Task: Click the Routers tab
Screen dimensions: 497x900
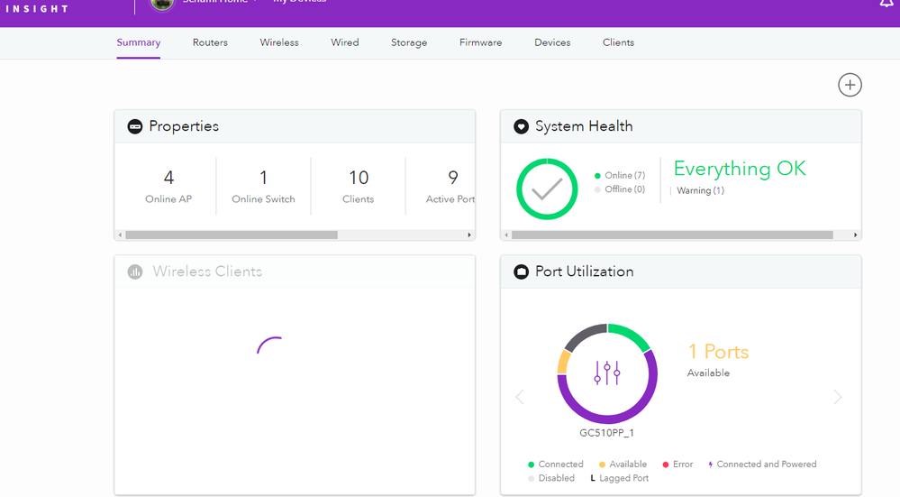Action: coord(210,42)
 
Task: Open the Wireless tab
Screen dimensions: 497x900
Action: coord(279,42)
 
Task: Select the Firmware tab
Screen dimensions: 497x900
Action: coord(480,42)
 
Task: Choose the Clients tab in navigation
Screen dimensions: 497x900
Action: coord(618,42)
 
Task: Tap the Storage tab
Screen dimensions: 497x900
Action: coord(409,42)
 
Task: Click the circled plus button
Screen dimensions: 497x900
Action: coord(850,85)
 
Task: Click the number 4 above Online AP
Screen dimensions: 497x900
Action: coord(168,178)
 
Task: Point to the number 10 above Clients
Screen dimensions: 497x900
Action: coord(359,178)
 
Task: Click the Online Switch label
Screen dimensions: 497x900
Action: coord(263,199)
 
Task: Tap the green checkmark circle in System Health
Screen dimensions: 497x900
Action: coord(547,189)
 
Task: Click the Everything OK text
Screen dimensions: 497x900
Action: coord(740,169)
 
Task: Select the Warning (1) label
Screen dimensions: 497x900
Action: coord(700,190)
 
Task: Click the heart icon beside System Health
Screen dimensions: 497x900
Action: coord(521,127)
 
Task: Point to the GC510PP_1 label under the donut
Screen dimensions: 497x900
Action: coord(607,432)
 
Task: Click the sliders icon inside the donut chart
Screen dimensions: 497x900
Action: coord(607,373)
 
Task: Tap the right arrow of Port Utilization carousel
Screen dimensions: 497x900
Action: coord(838,397)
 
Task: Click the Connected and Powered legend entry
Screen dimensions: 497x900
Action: coord(766,465)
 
